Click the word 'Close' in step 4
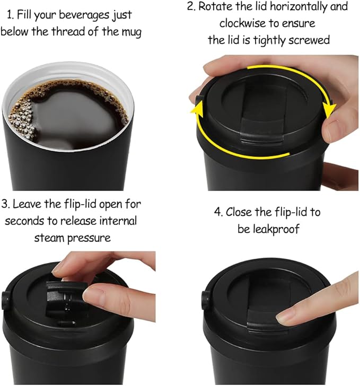click(240, 212)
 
